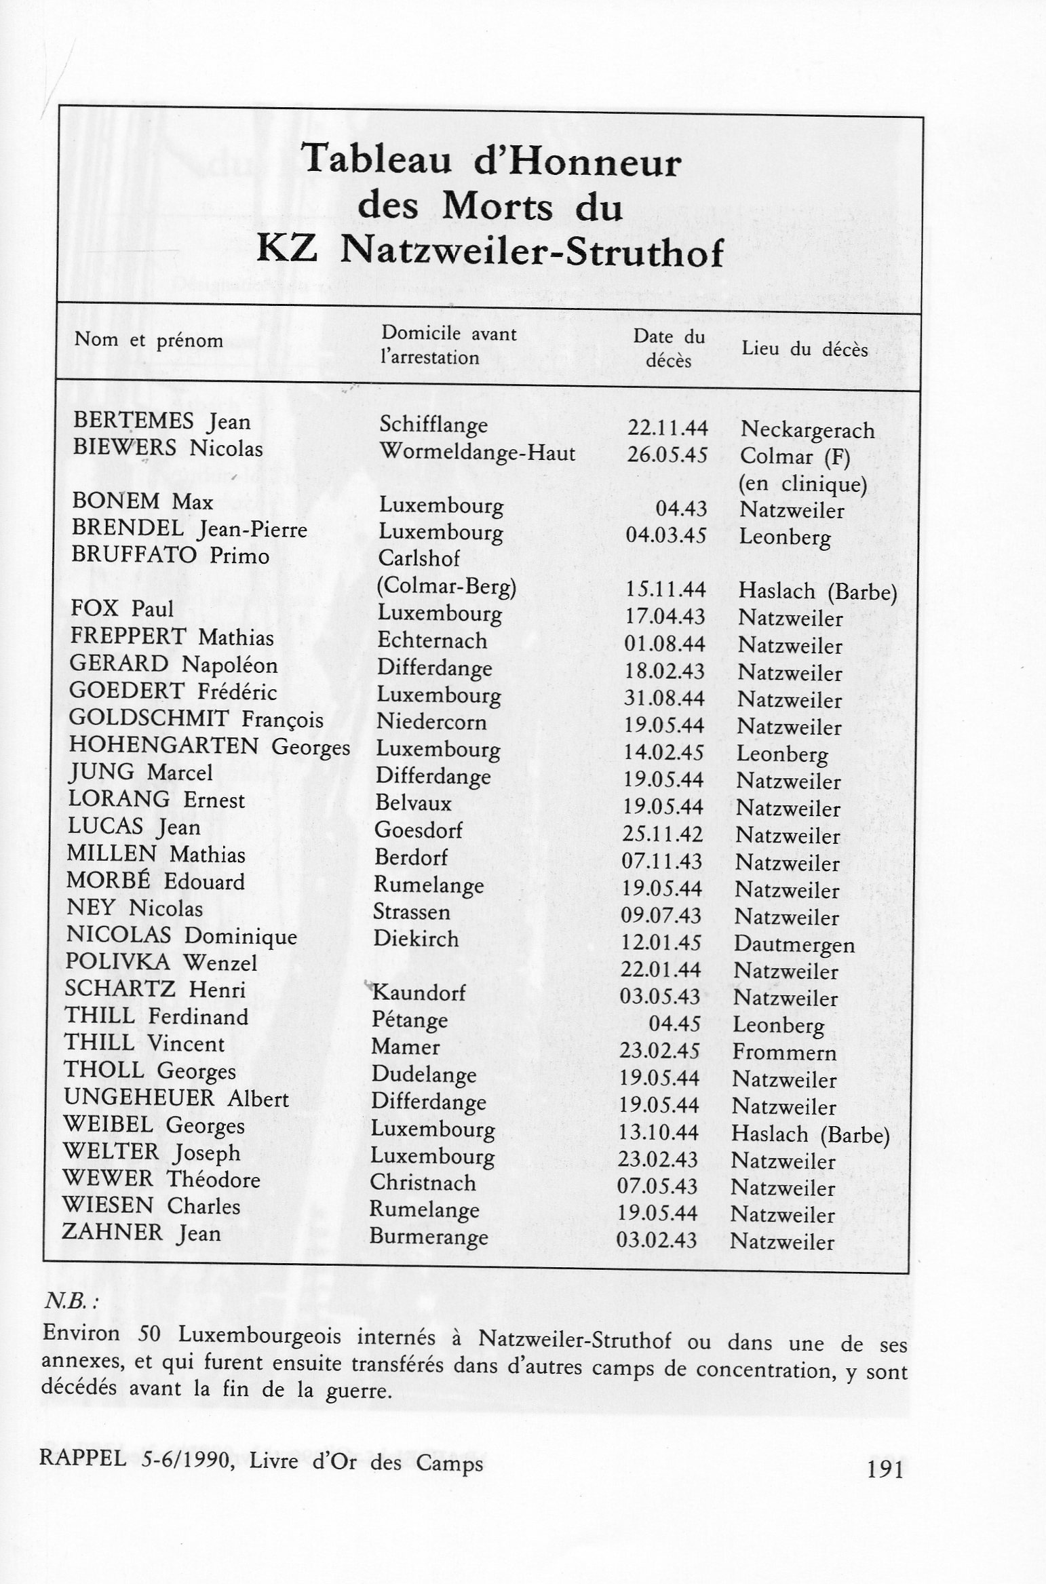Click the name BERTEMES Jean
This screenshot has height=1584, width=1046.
pos(161,422)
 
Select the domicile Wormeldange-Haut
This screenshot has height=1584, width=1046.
pos(477,452)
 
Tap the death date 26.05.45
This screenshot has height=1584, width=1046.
pos(667,455)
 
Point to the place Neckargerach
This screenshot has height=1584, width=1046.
pos(807,429)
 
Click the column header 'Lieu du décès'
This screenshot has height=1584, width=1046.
pos(805,349)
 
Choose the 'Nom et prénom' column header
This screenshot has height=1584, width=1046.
pos(149,340)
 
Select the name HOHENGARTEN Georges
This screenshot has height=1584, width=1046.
pos(209,746)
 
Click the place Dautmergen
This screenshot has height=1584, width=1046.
pos(794,945)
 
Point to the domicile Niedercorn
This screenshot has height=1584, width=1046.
pos(431,722)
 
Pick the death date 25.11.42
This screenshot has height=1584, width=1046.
pos(663,834)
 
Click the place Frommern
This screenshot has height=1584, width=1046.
pos(784,1053)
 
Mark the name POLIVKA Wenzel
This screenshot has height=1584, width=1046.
pos(161,963)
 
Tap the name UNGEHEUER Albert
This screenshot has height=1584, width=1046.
pos(176,1098)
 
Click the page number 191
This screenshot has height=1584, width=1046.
pos(885,1470)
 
